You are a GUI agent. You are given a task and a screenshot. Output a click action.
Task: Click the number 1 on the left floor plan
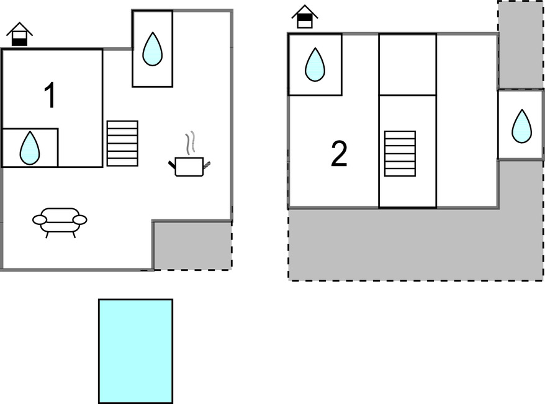(50, 96)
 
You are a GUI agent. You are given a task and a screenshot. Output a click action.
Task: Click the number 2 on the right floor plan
(339, 154)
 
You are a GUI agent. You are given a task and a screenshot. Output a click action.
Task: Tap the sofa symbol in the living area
(60, 221)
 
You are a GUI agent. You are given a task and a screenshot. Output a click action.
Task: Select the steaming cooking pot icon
(189, 165)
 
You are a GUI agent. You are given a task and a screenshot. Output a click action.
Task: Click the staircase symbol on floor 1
(122, 143)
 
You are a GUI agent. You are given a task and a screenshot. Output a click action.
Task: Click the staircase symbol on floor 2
(400, 154)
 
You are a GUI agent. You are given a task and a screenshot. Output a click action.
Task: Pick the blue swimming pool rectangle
(135, 351)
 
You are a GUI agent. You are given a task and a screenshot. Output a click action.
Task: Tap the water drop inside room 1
(30, 149)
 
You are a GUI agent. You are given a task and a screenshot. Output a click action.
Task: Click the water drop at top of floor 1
(152, 50)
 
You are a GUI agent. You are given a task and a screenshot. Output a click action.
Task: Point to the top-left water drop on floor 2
(315, 64)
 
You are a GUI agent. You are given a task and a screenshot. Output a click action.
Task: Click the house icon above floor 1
(20, 35)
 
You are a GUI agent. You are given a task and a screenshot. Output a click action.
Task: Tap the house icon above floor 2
(304, 17)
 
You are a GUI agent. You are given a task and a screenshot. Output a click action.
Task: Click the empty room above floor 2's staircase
(407, 64)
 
